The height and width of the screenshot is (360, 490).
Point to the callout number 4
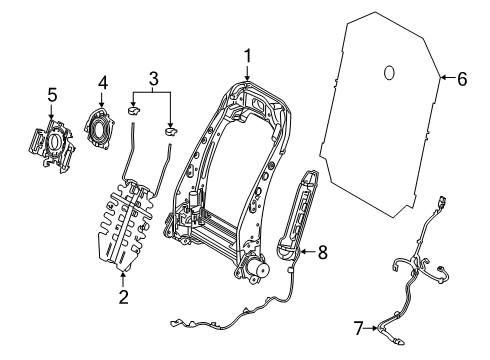[103, 81]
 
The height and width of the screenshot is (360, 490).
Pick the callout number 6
[462, 78]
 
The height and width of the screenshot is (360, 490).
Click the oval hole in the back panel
[389, 73]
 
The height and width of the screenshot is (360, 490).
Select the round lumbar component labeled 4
[102, 127]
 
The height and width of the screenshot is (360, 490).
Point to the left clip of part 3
[135, 110]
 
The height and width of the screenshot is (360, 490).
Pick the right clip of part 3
[171, 130]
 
